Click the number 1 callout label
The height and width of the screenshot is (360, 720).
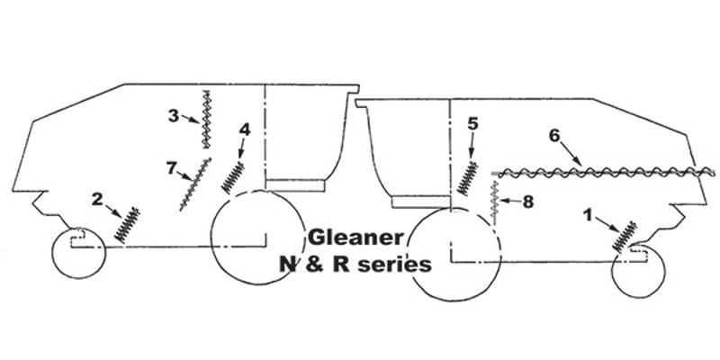point(589,215)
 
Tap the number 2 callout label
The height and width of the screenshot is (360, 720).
point(97,199)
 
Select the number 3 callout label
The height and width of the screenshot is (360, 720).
point(173,116)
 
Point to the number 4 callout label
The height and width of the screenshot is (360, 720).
point(245,130)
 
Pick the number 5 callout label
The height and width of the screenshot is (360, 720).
point(473,123)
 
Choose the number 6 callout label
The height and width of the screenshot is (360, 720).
point(554,136)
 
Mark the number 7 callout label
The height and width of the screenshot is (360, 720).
point(171,168)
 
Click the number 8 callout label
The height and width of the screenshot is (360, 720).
point(528,202)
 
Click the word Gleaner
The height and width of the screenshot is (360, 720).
point(355,238)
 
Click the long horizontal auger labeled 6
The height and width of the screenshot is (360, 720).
point(603,173)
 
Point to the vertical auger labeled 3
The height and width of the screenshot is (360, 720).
point(206,120)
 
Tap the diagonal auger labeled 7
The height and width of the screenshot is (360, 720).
point(195,184)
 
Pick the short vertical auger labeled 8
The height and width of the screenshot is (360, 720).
point(495,202)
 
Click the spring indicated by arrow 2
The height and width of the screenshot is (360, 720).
point(128,224)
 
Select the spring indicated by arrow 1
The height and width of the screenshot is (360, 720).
point(625,237)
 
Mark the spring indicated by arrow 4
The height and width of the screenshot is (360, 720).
point(233,177)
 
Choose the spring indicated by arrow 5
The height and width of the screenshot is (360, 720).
point(467,179)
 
